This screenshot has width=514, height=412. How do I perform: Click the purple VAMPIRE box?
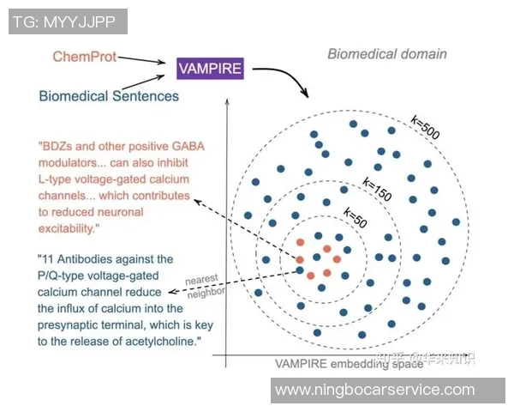[x=210, y=69]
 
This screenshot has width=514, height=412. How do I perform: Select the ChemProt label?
[x=83, y=57]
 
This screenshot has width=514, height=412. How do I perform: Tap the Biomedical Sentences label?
[x=109, y=95]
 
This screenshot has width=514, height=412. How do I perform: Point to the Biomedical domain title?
[x=387, y=53]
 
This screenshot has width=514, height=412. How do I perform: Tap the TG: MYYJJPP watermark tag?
[x=68, y=21]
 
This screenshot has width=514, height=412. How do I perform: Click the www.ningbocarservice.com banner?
[x=374, y=390]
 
